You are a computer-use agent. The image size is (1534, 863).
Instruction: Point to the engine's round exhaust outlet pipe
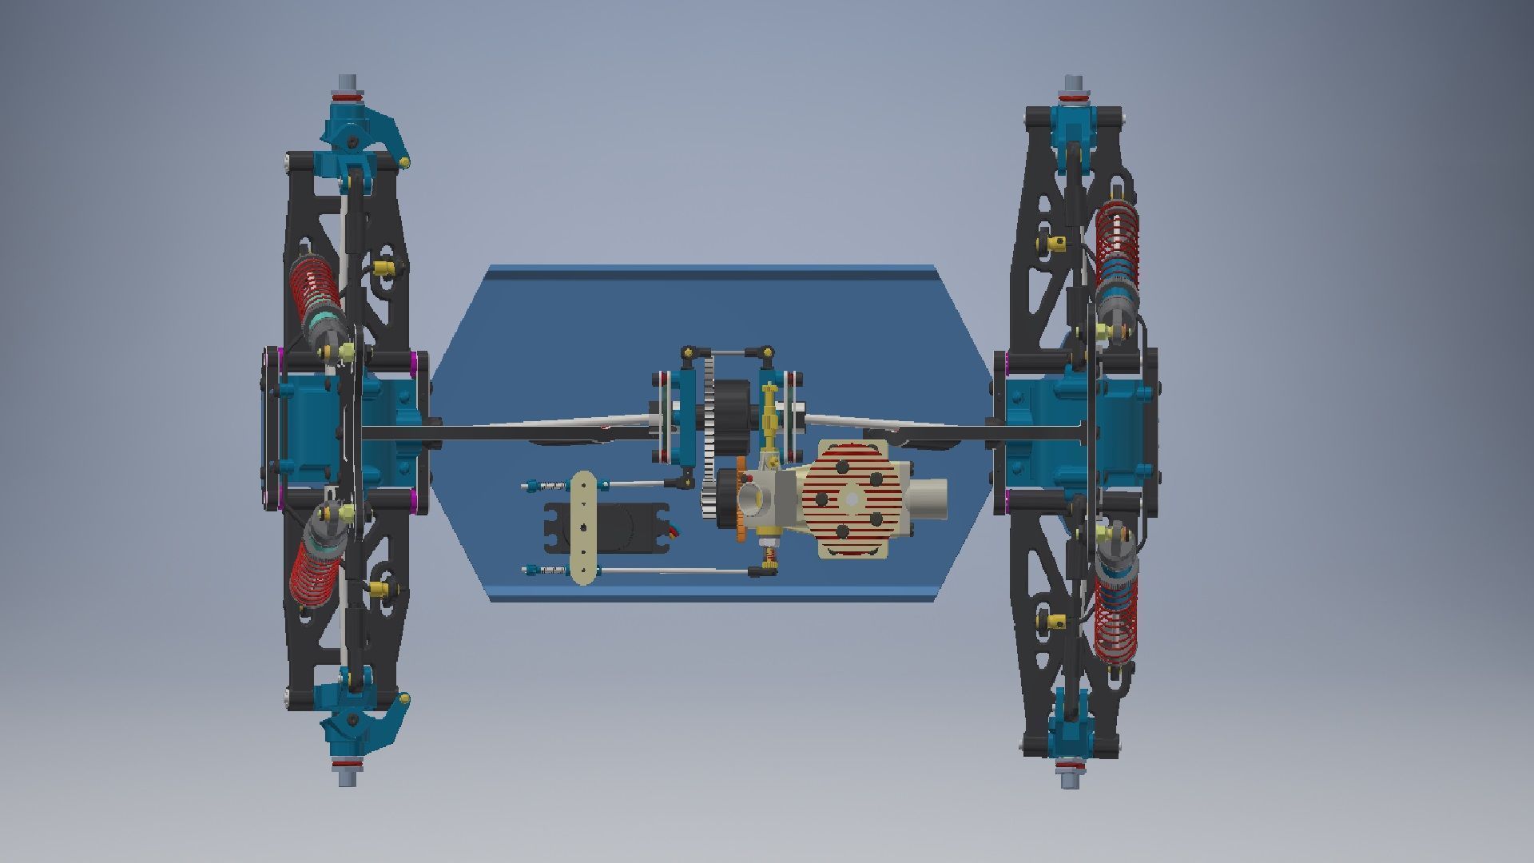click(927, 499)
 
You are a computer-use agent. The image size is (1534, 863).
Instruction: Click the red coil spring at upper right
click(1117, 240)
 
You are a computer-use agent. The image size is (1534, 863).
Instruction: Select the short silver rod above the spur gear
click(726, 352)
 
